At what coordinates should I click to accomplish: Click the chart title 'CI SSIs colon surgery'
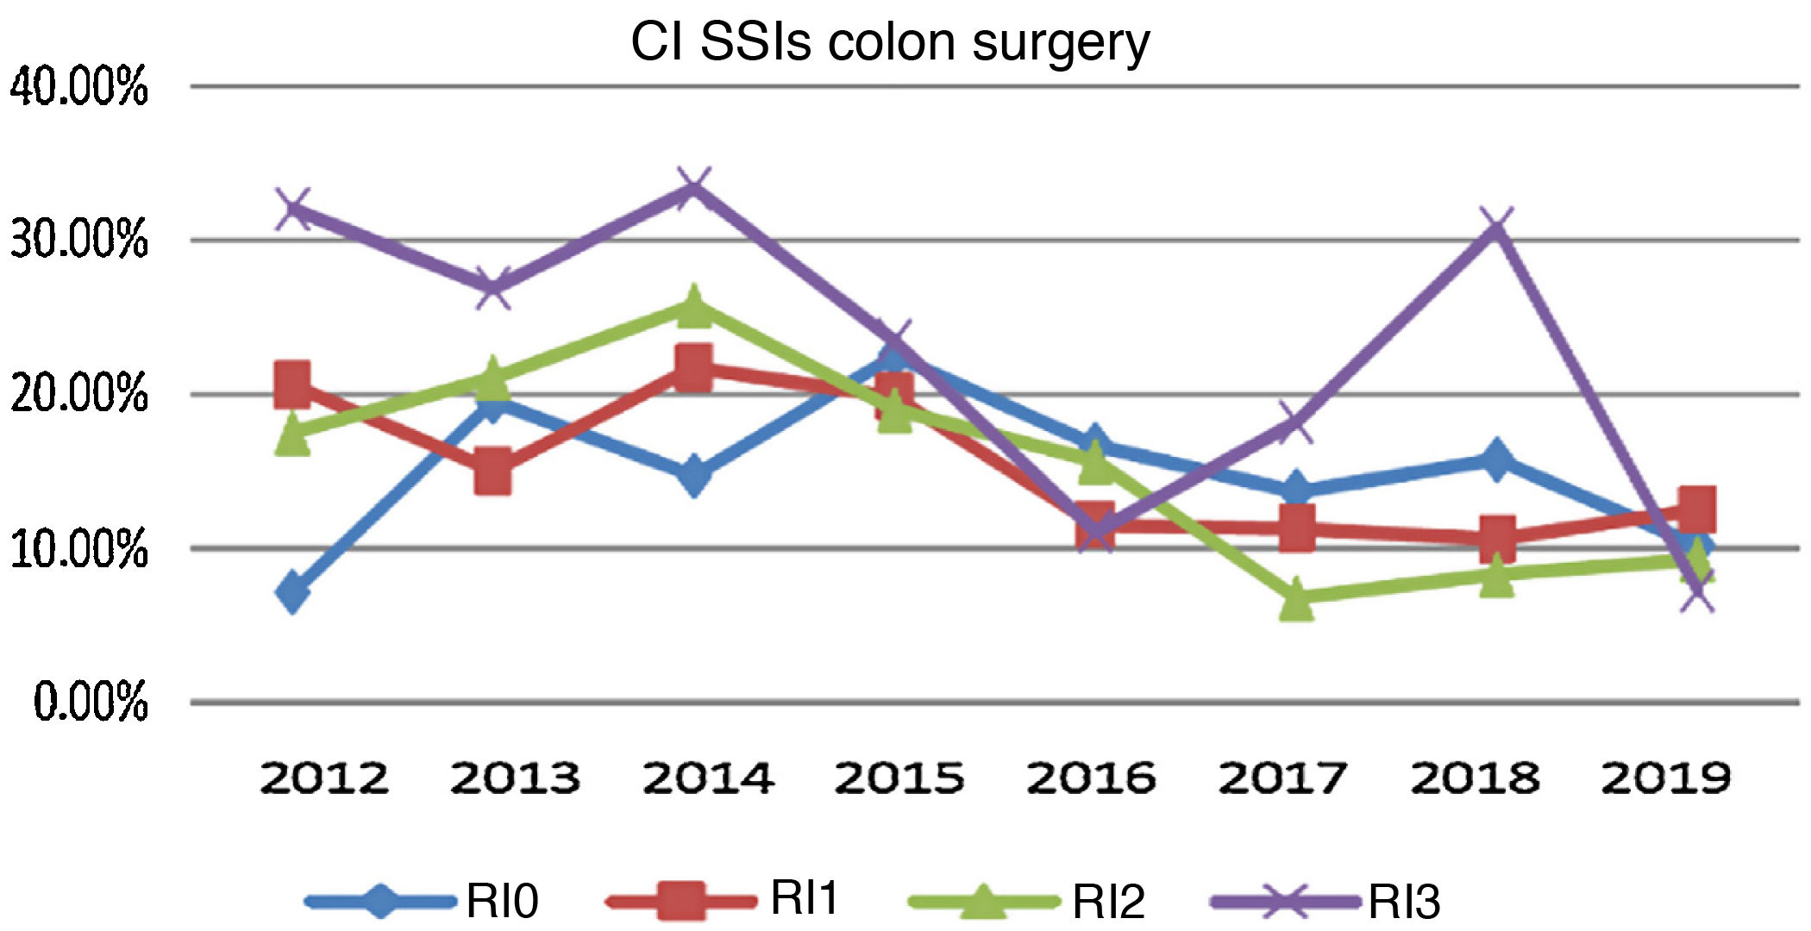click(x=890, y=41)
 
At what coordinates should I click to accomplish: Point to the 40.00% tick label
click(x=79, y=87)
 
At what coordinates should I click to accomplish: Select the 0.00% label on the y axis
click(x=91, y=701)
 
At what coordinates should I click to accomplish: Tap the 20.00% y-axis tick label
click(x=79, y=394)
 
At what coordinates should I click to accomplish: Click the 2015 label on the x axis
click(x=899, y=778)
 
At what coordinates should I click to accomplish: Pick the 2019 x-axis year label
click(x=1666, y=778)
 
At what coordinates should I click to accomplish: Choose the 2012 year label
click(x=324, y=778)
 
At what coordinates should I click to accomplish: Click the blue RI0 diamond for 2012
click(x=293, y=591)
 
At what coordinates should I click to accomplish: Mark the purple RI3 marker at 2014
click(x=694, y=188)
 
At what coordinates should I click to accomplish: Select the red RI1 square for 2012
click(x=293, y=384)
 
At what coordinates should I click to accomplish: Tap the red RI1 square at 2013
click(x=493, y=471)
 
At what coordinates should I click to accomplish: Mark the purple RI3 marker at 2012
click(x=293, y=209)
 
